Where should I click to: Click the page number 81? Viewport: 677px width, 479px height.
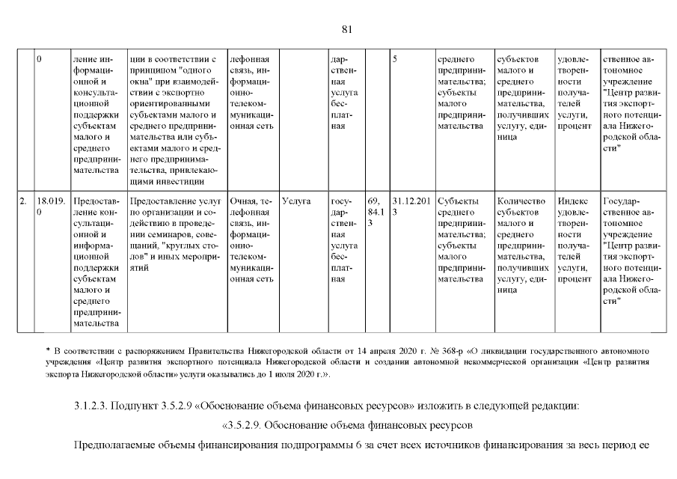pos(346,29)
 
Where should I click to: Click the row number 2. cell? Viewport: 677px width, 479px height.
pos(23,201)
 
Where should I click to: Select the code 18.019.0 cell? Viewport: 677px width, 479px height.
pos(51,207)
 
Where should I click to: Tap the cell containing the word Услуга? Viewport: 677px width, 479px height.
pos(297,201)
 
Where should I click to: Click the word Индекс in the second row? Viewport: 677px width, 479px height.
pos(573,201)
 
